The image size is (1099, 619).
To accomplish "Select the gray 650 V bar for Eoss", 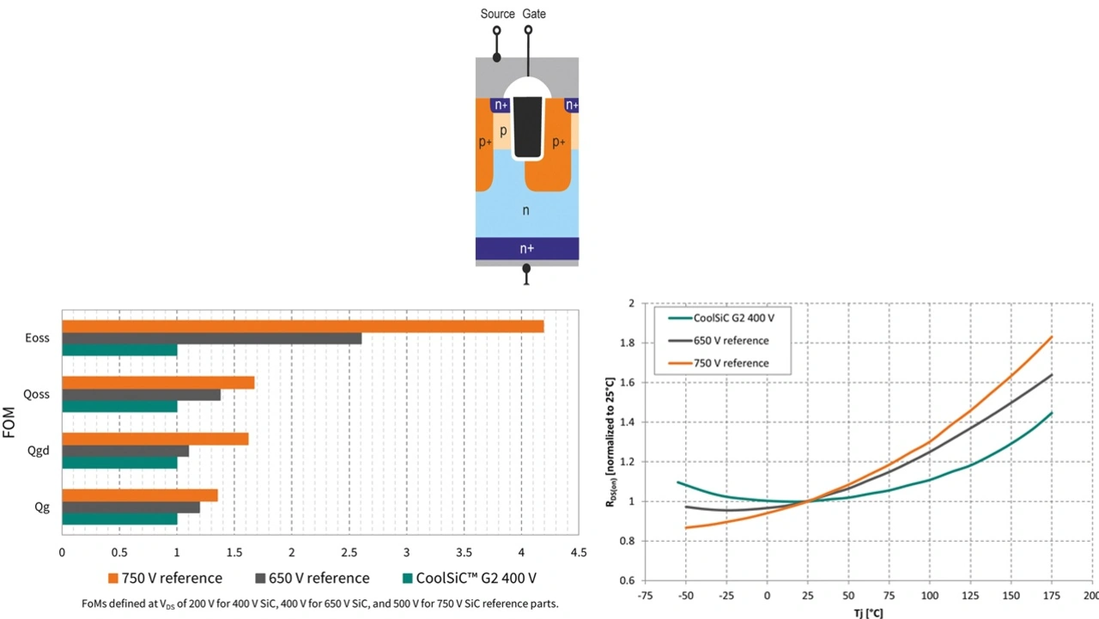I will tap(211, 338).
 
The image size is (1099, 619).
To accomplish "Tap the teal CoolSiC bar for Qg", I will tap(119, 519).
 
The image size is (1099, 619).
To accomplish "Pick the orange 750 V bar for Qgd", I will tap(155, 439).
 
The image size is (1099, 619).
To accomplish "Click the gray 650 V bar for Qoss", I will tap(141, 395).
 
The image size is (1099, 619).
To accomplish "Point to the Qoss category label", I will tap(36, 394).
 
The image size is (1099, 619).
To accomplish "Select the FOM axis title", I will tap(11, 422).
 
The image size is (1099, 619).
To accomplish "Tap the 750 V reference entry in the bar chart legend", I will tap(165, 578).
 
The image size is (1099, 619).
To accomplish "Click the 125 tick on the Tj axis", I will tap(970, 596).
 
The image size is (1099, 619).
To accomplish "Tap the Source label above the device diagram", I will tap(497, 14).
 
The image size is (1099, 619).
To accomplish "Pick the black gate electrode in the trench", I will tap(527, 126).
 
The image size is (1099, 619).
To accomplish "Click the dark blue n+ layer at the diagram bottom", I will tap(526, 248).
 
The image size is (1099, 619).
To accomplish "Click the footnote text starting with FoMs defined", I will tap(312, 604).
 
